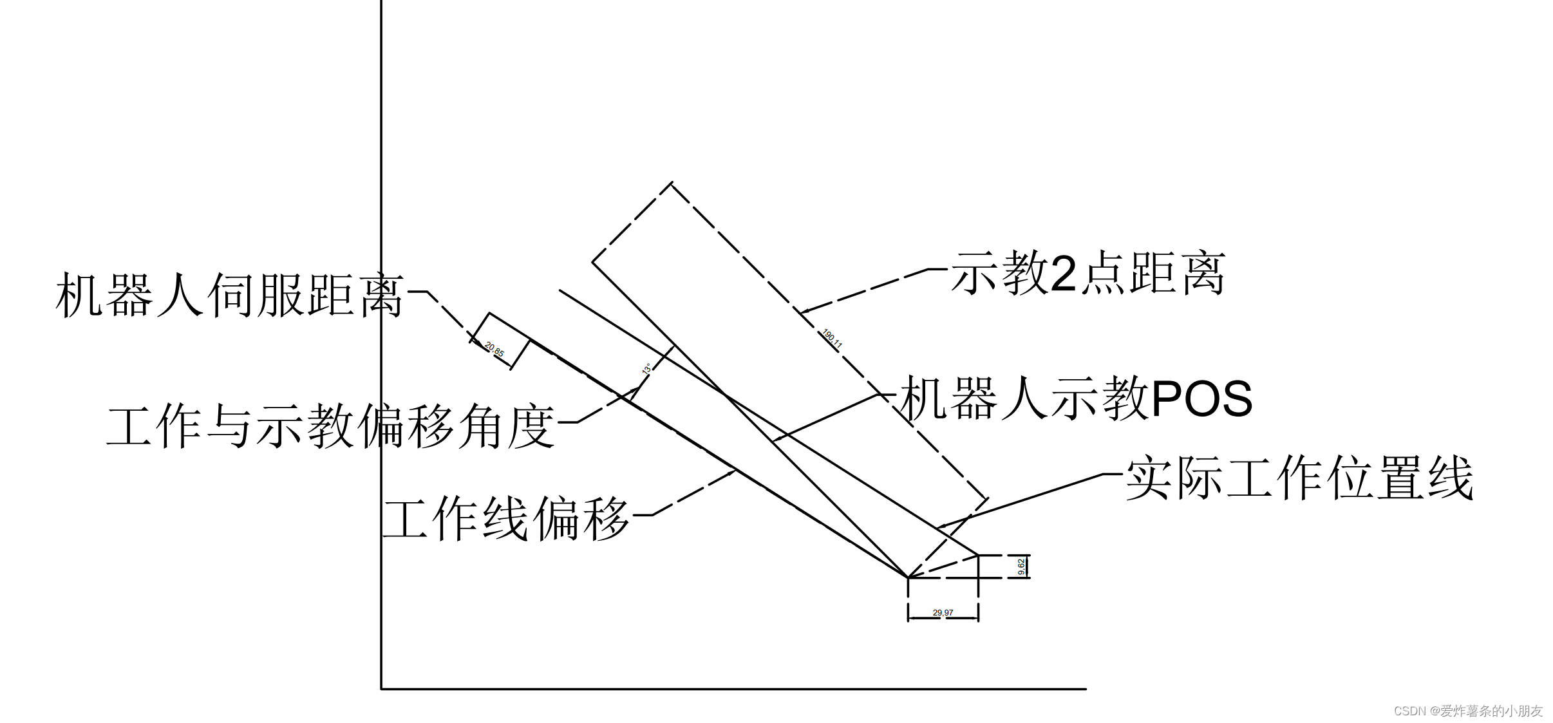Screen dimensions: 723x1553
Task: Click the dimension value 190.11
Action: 833,339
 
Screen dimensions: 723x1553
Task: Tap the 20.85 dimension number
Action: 494,350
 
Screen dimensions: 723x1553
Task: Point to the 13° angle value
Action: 646,369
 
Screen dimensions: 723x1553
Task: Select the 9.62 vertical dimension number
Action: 1021,567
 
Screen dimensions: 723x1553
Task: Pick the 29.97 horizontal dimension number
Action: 943,612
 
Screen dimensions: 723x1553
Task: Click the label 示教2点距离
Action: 1088,274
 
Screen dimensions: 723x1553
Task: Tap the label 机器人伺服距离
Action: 230,296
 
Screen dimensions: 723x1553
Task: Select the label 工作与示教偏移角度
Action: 330,426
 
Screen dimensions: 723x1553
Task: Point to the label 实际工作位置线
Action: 1299,478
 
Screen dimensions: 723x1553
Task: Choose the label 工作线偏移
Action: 506,519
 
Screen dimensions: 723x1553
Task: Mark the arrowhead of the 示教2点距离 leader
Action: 801,312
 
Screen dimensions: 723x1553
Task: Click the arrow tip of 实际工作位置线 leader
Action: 938,528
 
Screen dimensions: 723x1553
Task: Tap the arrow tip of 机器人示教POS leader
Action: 773,441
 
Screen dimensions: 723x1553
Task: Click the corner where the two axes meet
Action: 382,689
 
